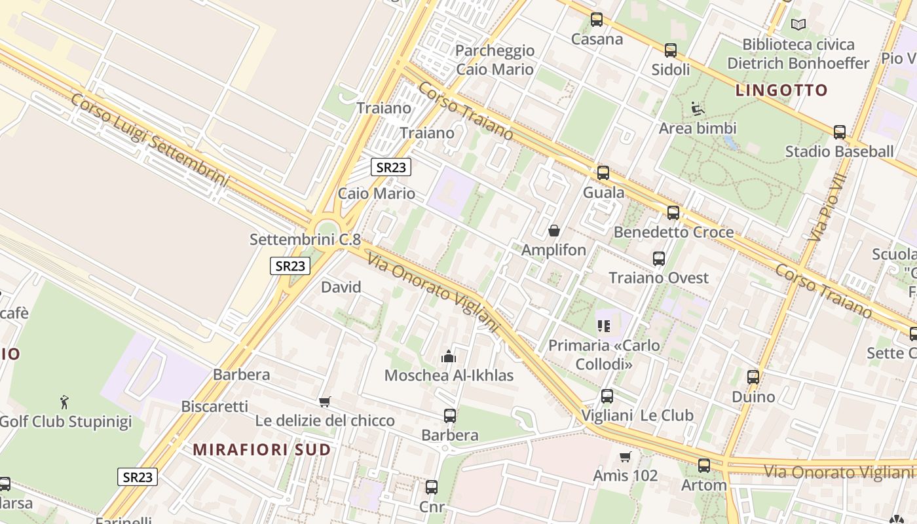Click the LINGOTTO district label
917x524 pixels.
coord(781,90)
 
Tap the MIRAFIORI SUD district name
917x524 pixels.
coord(262,450)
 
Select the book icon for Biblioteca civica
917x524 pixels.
coord(798,25)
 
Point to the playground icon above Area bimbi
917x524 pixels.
coord(697,108)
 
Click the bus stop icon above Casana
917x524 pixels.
coord(596,20)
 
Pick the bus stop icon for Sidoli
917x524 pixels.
coord(670,50)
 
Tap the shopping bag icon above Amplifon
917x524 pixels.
coord(554,231)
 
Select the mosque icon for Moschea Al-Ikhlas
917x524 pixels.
coord(449,356)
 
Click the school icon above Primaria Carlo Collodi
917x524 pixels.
coord(603,326)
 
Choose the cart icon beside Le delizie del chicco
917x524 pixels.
coord(324,402)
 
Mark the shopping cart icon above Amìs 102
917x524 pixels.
coord(626,457)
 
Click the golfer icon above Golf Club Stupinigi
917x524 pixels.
coord(64,402)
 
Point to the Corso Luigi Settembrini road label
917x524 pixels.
coord(150,140)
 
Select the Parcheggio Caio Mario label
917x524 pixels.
coord(495,60)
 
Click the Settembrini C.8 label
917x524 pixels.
coord(305,240)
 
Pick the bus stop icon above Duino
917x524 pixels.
coord(753,377)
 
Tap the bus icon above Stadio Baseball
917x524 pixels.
coord(840,132)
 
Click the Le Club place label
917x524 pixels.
coord(666,415)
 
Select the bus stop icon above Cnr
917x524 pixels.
coord(431,487)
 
